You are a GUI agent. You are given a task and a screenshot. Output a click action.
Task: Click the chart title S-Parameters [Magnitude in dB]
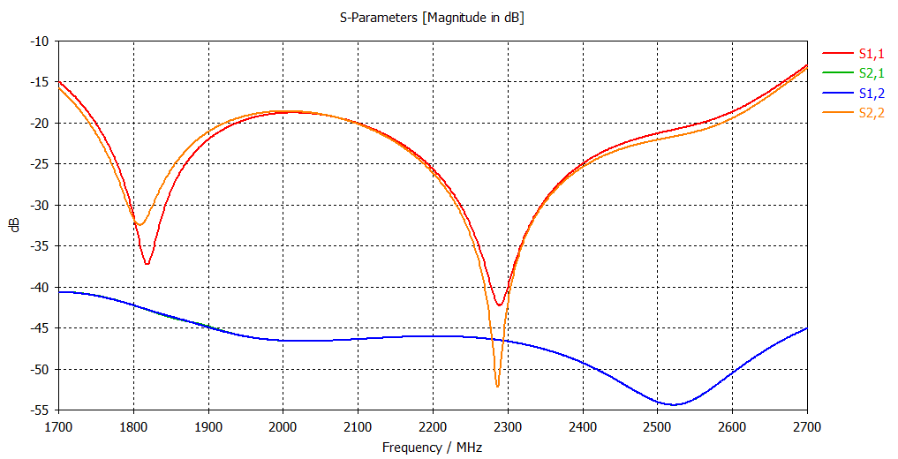(x=432, y=18)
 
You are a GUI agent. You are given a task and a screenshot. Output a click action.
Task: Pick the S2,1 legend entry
(x=871, y=74)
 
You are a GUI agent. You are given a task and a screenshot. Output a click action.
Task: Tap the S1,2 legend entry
(x=871, y=94)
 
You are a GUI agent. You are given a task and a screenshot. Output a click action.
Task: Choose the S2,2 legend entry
(x=871, y=112)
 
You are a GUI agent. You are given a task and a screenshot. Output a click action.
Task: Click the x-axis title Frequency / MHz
(x=432, y=448)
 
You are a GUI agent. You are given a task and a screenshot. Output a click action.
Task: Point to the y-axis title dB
(x=15, y=225)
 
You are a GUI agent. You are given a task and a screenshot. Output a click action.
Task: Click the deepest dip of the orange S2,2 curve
(x=497, y=387)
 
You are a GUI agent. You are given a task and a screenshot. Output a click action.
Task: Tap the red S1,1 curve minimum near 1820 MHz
(x=147, y=264)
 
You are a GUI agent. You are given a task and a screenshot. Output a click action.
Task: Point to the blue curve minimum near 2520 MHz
(x=674, y=404)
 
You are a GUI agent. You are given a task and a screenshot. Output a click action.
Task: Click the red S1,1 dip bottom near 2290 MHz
(x=500, y=305)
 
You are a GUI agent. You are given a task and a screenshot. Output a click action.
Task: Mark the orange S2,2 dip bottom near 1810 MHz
(x=140, y=224)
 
